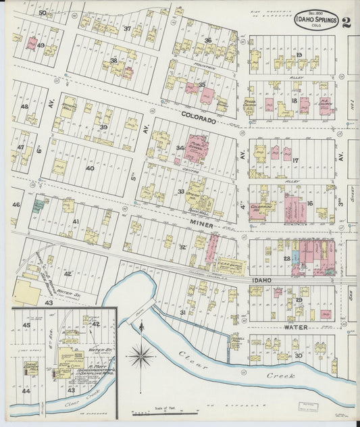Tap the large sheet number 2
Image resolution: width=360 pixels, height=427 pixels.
(x=346, y=21)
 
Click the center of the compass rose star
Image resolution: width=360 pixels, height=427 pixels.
(x=140, y=352)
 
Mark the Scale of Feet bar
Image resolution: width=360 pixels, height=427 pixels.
(x=162, y=412)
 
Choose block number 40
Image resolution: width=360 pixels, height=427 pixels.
(x=90, y=168)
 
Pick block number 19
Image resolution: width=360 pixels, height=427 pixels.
(x=299, y=54)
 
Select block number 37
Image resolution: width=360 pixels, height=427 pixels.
(x=127, y=28)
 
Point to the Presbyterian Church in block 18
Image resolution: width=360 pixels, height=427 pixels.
(x=249, y=105)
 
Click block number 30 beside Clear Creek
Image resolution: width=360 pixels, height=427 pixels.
(x=297, y=355)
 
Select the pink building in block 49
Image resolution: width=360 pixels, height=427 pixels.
(x=31, y=44)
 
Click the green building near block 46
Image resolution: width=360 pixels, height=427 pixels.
(x=38, y=204)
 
